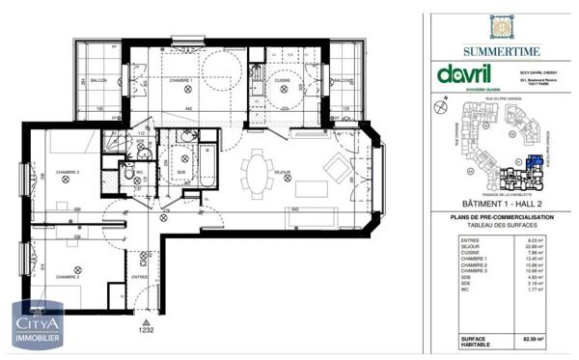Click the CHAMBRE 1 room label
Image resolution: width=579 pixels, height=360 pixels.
[180, 81]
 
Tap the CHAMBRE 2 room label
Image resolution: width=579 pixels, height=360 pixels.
[67, 173]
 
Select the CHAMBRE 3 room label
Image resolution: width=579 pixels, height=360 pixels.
[67, 277]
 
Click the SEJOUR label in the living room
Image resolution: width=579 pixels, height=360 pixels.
[283, 173]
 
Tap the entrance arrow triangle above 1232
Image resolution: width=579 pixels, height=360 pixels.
[146, 319]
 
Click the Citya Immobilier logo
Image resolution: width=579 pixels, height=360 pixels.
[38, 324]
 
